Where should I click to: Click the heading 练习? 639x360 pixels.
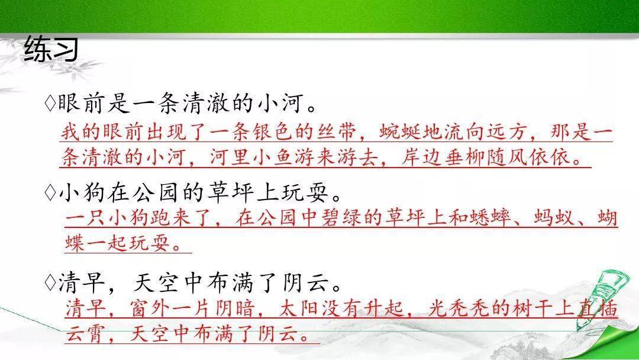coord(51,49)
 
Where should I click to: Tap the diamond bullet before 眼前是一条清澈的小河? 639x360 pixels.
coord(50,104)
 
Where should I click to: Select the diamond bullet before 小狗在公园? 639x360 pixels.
coord(50,193)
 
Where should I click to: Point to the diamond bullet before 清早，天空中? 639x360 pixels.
coord(50,282)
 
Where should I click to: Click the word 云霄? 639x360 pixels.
coord(86,334)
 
